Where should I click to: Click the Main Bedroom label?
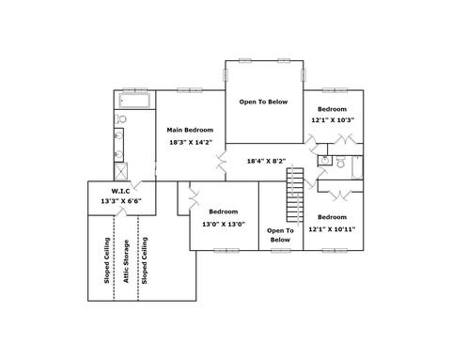pyautogui.click(x=190, y=130)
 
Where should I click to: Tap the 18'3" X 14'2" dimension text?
pyautogui.click(x=191, y=142)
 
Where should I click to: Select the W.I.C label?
pyautogui.click(x=120, y=191)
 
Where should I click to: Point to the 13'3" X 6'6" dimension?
pyautogui.click(x=121, y=201)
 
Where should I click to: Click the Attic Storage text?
pyautogui.click(x=126, y=261)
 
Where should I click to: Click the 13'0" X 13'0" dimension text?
pyautogui.click(x=224, y=224)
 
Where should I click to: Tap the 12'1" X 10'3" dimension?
pyautogui.click(x=333, y=120)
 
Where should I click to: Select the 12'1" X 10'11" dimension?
pyautogui.click(x=332, y=229)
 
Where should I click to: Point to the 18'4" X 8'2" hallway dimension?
pyautogui.click(x=266, y=162)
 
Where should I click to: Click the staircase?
pyautogui.click(x=295, y=195)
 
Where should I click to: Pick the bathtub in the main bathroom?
pyautogui.click(x=134, y=101)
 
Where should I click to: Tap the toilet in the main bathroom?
pyautogui.click(x=120, y=119)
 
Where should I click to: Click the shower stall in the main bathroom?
pyautogui.click(x=121, y=171)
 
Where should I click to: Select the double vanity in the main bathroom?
pyautogui.click(x=118, y=145)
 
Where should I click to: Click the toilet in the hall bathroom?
pyautogui.click(x=340, y=163)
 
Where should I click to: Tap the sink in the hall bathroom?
pyautogui.click(x=325, y=161)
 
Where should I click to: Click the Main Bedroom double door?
pyautogui.click(x=222, y=162)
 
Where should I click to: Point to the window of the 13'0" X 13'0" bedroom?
pyautogui.click(x=226, y=250)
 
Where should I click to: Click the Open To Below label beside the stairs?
pyautogui.click(x=280, y=235)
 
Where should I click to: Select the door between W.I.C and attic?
pyautogui.click(x=121, y=212)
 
